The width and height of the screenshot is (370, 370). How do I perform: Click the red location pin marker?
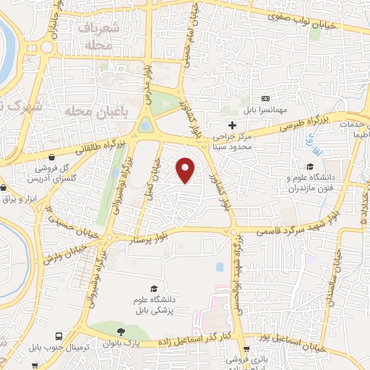[186, 169]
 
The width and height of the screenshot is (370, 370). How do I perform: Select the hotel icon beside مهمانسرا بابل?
[264, 98]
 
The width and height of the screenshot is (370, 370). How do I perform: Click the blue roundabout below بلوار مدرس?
[147, 126]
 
